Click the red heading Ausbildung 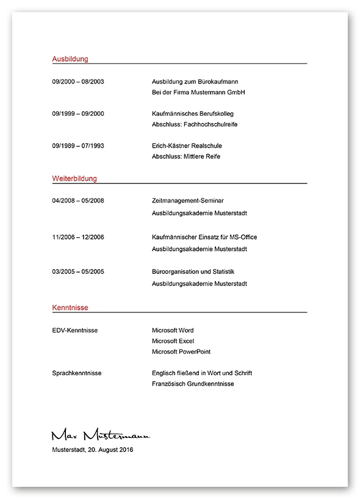pyautogui.click(x=70, y=59)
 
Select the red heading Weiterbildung pyautogui.click(x=74, y=179)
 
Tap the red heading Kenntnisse pyautogui.click(x=70, y=308)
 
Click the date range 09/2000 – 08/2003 pyautogui.click(x=79, y=81)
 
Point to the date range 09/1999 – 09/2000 pyautogui.click(x=79, y=113)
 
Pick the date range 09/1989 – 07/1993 pyautogui.click(x=79, y=146)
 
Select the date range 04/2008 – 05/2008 pyautogui.click(x=79, y=200)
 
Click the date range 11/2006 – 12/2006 pyautogui.click(x=79, y=237)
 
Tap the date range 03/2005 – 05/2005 pyautogui.click(x=79, y=271)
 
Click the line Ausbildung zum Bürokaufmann pyautogui.click(x=195, y=81)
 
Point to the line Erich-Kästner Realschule pyautogui.click(x=187, y=146)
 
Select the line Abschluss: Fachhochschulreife pyautogui.click(x=195, y=124)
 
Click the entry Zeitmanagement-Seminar pyautogui.click(x=188, y=200)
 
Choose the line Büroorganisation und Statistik pyautogui.click(x=193, y=271)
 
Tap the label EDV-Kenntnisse pyautogui.click(x=75, y=330)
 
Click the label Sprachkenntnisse pyautogui.click(x=77, y=373)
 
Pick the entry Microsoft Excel pyautogui.click(x=173, y=341)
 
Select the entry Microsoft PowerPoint pyautogui.click(x=181, y=352)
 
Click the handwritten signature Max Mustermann pyautogui.click(x=100, y=434)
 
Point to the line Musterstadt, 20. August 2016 pyautogui.click(x=92, y=450)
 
